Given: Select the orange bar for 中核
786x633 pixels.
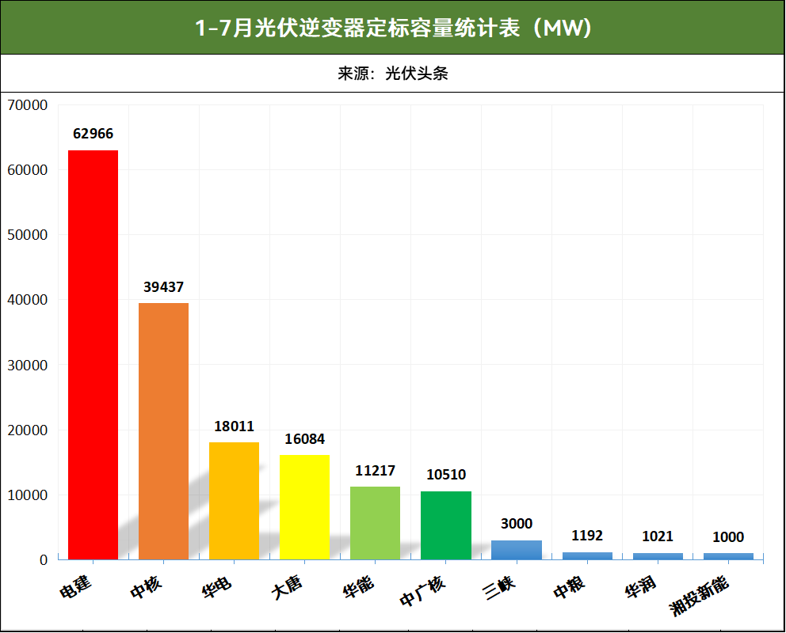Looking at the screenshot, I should (x=163, y=431).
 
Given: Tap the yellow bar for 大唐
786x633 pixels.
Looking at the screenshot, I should (x=304, y=507).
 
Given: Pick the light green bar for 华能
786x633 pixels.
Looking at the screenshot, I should (x=375, y=523).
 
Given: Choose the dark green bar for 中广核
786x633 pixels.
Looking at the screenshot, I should (x=445, y=525).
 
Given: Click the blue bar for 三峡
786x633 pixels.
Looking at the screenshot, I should (x=516, y=550).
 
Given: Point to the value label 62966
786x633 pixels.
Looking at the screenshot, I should (x=93, y=134).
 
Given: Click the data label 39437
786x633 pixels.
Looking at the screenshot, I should (x=163, y=286).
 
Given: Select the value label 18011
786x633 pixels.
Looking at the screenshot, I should (x=234, y=426).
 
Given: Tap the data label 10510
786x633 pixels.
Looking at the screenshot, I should (x=445, y=475).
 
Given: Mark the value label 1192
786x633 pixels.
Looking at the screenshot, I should (x=586, y=536).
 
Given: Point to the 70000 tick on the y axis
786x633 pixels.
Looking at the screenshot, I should (x=27, y=104).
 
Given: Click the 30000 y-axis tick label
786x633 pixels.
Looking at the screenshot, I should (x=27, y=365).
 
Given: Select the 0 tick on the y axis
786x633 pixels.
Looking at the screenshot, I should (x=43, y=560).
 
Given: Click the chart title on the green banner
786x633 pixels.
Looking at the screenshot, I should (x=393, y=28).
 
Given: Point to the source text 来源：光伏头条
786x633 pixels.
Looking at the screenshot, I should (x=393, y=74).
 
